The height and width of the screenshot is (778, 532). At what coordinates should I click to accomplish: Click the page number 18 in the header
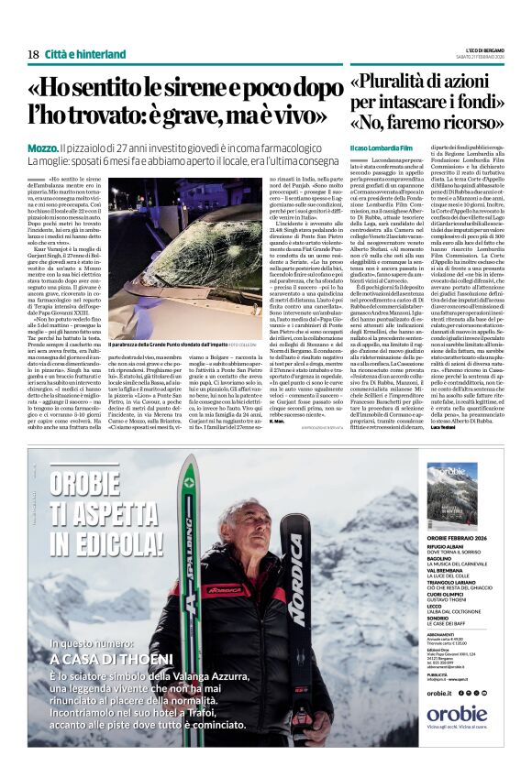pos(33,54)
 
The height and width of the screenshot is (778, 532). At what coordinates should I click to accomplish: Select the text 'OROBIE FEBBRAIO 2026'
pos(463,537)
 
